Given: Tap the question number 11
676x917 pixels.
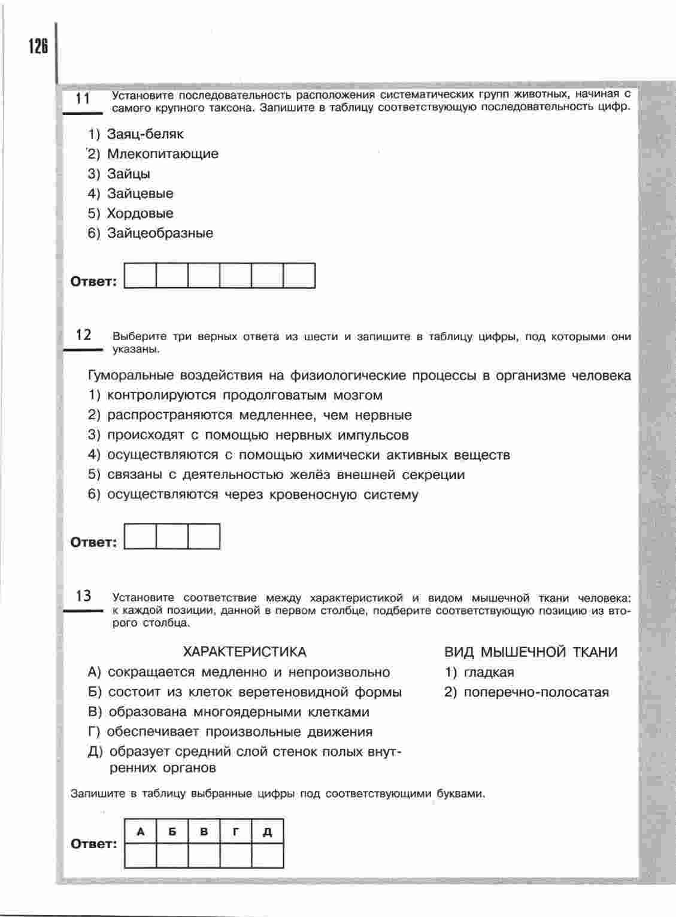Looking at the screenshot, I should tap(83, 98).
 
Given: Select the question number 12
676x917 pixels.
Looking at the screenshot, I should tap(83, 335).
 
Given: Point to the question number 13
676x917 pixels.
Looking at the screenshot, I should tap(83, 596).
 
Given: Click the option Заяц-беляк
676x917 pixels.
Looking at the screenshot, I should tap(145, 134).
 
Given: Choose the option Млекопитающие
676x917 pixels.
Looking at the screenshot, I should tap(162, 154).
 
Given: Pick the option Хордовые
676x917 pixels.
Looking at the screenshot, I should tap(140, 213).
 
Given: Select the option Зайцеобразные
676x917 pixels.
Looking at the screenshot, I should tap(159, 233).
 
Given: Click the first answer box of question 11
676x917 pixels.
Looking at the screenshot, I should tap(140, 276).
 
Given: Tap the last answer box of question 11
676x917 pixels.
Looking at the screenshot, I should tap(299, 276).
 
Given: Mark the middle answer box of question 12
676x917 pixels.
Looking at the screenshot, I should tap(172, 536).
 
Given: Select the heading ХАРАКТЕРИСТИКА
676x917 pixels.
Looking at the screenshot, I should tap(244, 652).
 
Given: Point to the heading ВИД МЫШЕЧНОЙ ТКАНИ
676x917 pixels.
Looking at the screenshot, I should tap(531, 652).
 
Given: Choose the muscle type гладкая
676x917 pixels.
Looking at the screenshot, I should tap(489, 672).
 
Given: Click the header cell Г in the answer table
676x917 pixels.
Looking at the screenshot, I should tap(236, 832).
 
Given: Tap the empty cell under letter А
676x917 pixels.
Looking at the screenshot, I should tap(141, 855).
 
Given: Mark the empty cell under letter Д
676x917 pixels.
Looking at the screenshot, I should tap(268, 855).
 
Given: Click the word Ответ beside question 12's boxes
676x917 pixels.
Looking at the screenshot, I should tap(94, 542).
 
